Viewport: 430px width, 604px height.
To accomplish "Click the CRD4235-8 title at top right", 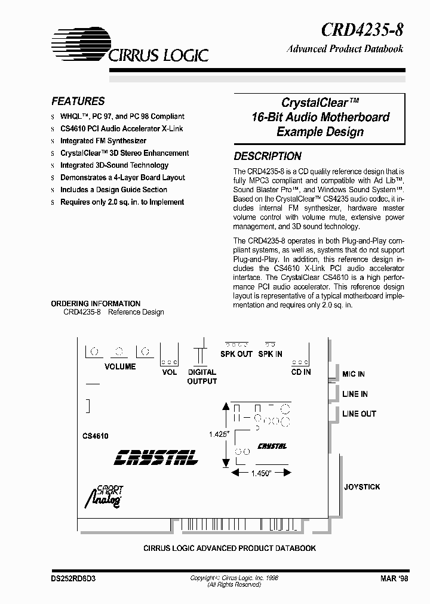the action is [362, 29].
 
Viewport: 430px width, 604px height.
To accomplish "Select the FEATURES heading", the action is [78, 101].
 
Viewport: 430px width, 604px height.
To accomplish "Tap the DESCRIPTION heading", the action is [267, 156].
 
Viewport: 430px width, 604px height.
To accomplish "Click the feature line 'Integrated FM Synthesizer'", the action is [103, 141].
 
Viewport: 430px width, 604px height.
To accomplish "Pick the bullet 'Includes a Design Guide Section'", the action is [113, 190].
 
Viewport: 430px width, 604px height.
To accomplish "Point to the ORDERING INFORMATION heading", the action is [96, 304].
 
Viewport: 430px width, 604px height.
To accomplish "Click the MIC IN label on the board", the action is [353, 374].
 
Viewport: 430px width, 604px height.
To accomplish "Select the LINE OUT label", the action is [359, 414].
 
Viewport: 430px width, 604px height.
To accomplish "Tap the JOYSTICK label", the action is [362, 487].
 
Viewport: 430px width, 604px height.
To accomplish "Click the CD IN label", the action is [300, 372].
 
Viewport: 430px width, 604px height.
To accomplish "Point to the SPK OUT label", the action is [237, 354].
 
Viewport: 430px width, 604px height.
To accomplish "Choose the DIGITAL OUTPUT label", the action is [202, 377].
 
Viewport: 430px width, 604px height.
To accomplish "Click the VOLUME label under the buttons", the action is [120, 366].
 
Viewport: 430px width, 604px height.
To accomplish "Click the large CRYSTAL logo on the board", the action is [156, 457].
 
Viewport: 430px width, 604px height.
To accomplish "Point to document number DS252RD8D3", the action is [73, 579].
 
